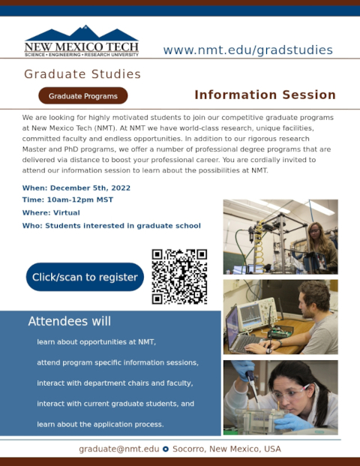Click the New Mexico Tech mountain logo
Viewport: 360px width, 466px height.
[82, 41]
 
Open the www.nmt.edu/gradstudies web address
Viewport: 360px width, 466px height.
[247, 50]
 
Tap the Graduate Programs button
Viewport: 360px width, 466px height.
[82, 96]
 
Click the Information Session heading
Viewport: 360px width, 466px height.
[265, 95]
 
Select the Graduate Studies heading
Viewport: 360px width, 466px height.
[82, 74]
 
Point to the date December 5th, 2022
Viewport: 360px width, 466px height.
[90, 188]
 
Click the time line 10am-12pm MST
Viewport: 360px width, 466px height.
[67, 200]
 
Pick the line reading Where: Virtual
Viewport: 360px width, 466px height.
[51, 213]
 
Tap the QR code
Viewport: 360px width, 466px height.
[179, 277]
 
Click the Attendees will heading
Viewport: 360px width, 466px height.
[70, 321]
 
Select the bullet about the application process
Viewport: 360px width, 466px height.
[100, 425]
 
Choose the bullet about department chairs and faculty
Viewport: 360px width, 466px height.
[115, 383]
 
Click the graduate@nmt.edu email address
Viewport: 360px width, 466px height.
[118, 449]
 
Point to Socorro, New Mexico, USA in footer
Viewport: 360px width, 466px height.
[226, 449]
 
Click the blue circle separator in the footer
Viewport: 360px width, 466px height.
[166, 449]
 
